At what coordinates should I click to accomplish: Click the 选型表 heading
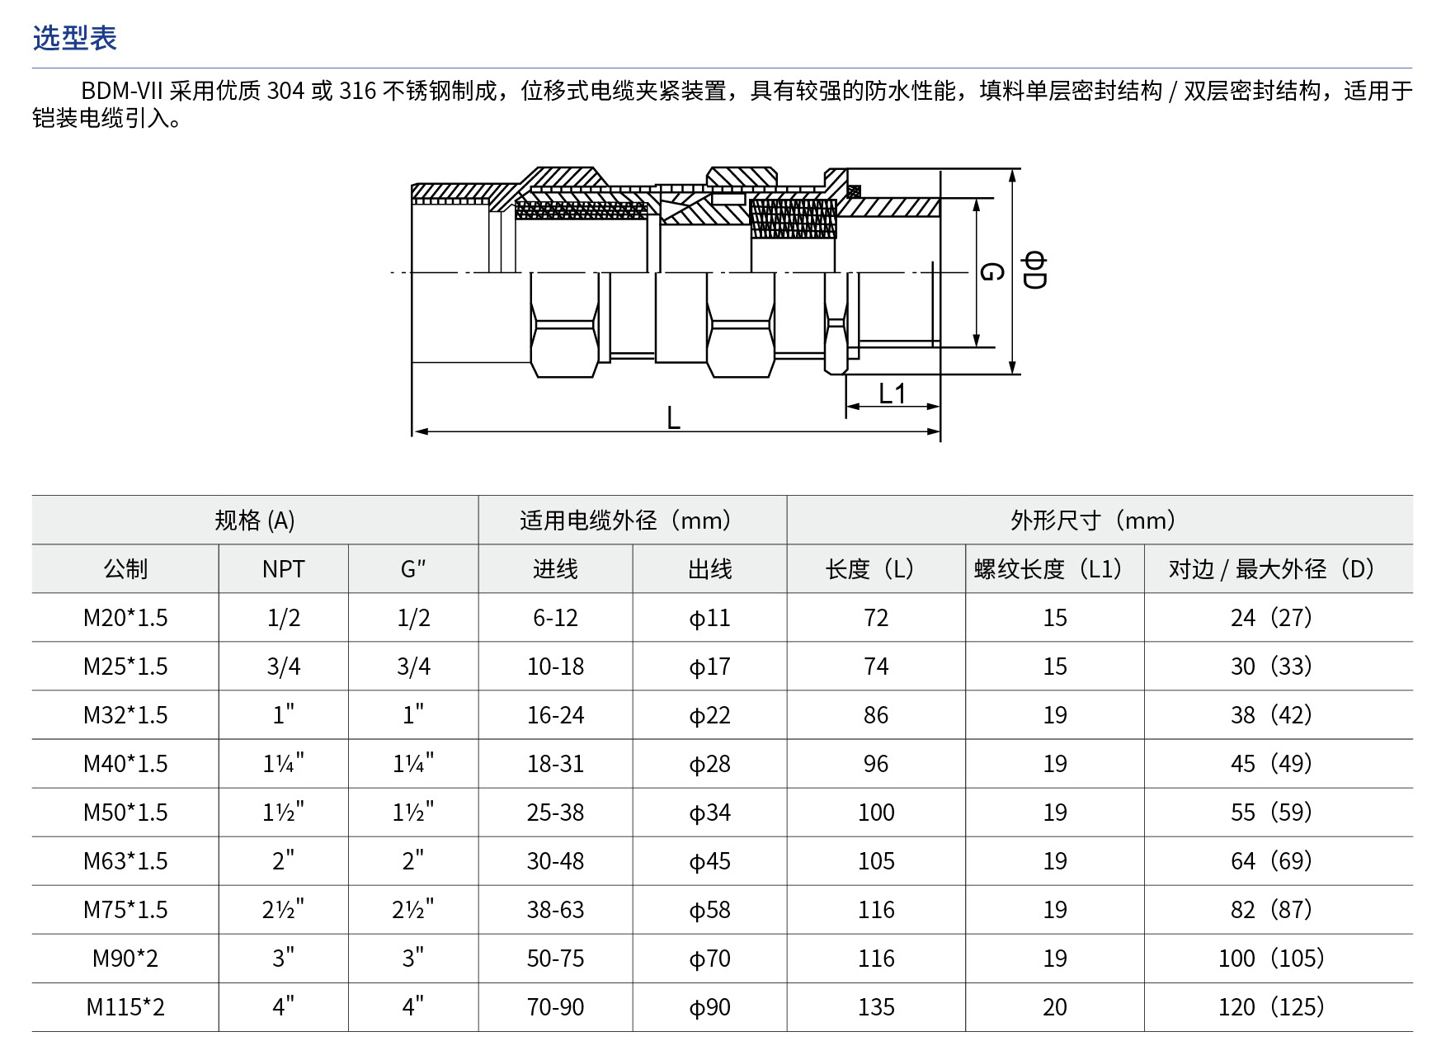75,38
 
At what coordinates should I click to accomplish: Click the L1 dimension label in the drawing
893,393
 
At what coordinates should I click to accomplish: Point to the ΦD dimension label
1034,271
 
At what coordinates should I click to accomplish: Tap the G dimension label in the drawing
991,271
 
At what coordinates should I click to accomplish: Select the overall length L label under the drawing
674,418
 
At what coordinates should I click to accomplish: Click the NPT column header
283,569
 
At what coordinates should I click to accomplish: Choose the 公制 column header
125,569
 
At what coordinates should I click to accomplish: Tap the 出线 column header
709,569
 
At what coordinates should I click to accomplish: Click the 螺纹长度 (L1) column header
1049,569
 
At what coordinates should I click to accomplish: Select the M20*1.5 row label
125,618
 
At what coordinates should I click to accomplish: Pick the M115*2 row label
125,1007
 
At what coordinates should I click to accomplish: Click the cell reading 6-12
555,618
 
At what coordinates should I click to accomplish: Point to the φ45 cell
709,861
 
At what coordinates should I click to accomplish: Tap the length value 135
876,1007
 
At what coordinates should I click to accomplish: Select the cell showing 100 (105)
1271,959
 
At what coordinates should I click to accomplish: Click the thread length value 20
1055,1007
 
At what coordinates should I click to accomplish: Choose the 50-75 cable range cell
555,959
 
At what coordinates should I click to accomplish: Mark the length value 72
876,618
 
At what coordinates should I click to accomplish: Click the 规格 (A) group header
255,521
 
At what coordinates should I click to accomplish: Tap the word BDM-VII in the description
123,91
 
